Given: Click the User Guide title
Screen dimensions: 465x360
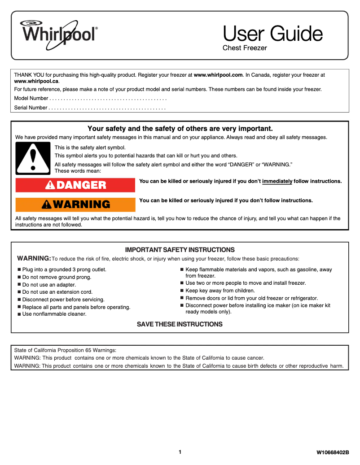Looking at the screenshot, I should (272, 34).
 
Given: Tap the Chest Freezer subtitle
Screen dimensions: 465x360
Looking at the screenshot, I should (245, 48).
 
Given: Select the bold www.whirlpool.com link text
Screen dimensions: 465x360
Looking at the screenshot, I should (218, 75).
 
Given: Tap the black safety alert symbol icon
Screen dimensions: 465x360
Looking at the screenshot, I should (32, 158).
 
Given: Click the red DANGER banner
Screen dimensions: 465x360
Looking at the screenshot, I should (75, 185).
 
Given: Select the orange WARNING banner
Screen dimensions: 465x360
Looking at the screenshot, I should (75, 204).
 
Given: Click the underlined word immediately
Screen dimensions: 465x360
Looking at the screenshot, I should (277, 181).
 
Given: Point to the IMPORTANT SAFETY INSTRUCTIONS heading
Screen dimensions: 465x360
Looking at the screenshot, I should (180, 250).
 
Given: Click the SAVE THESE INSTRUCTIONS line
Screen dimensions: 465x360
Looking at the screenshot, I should (180, 324).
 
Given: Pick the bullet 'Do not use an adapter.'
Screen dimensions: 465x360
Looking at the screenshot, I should (49, 285).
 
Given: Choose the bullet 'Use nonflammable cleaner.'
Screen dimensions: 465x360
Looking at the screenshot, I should (54, 314).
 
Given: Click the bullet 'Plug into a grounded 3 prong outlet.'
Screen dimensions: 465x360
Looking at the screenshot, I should (64, 270).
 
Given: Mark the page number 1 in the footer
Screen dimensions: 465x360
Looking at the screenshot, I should (180, 452).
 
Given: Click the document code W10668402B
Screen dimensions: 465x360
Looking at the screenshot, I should (333, 453).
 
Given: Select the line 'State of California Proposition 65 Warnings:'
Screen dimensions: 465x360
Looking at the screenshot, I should (66, 350).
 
